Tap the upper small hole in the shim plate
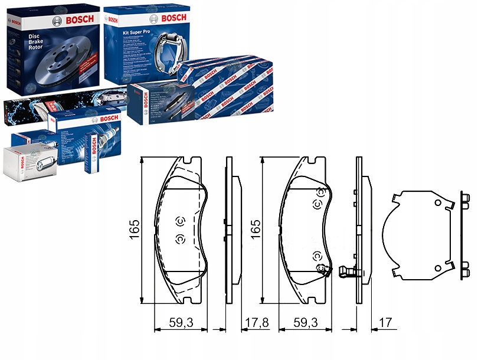437,203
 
